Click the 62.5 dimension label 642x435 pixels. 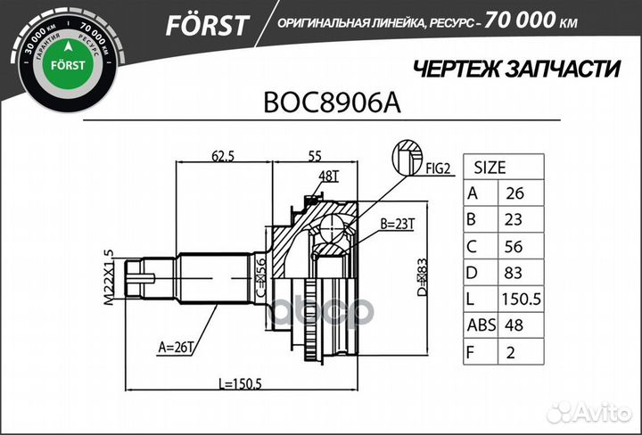pos(223,156)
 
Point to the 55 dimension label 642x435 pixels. pos(315,156)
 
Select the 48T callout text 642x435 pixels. pos(329,175)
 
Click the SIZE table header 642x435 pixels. pos(489,167)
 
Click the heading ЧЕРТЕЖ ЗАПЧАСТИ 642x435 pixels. pos(516,69)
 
